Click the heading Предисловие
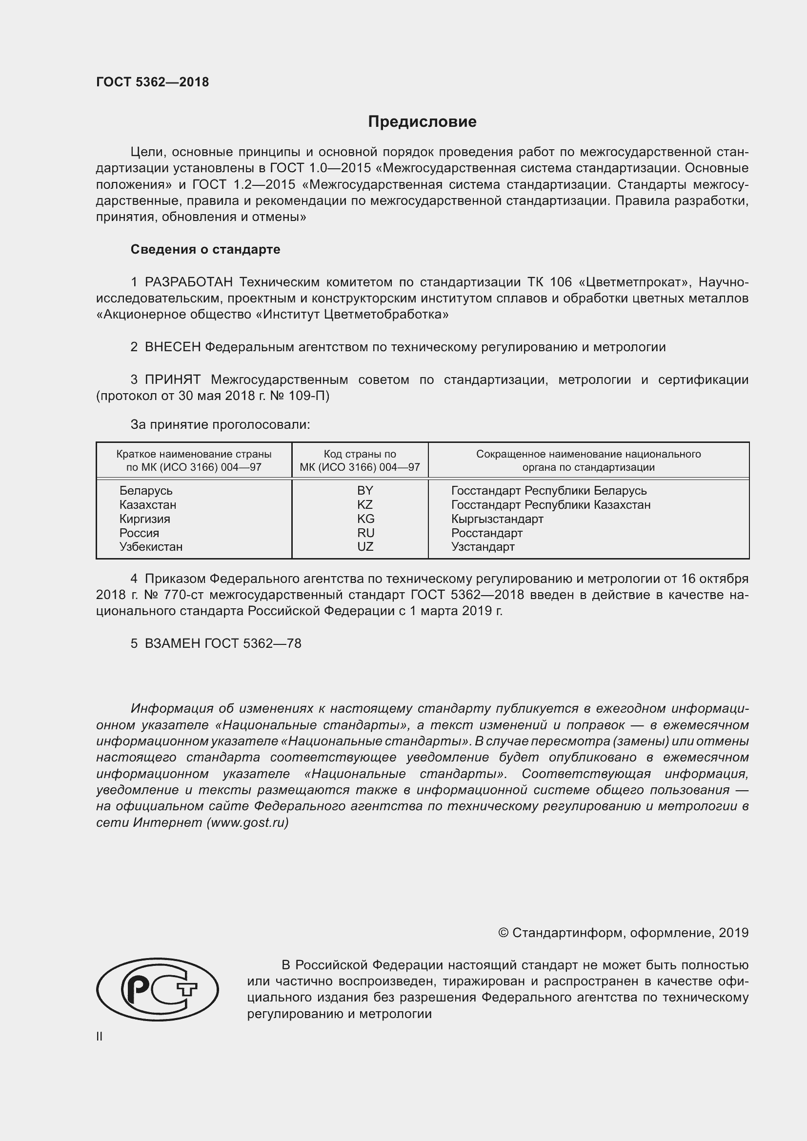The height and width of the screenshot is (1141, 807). [422, 122]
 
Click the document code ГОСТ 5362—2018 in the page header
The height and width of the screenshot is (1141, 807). [153, 82]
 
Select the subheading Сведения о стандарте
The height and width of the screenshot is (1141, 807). [205, 249]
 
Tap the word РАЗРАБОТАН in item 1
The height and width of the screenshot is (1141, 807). [189, 282]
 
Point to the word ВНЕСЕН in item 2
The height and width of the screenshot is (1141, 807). [172, 347]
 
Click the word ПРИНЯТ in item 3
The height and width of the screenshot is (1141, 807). [172, 380]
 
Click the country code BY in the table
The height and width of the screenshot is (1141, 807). [365, 490]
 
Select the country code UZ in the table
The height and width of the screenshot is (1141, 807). [365, 547]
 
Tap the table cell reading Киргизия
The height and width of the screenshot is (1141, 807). [144, 519]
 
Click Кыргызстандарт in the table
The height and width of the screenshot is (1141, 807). [497, 519]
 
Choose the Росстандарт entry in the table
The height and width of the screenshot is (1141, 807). [486, 533]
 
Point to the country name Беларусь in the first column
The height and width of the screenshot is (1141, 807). [145, 490]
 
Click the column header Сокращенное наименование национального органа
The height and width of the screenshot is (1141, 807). [588, 460]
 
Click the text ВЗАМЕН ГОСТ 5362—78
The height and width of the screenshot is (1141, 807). [222, 643]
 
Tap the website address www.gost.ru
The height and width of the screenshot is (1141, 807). [247, 822]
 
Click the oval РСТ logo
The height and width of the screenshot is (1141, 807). [158, 989]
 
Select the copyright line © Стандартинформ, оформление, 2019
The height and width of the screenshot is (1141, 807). [623, 933]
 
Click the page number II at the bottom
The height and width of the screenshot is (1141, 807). [100, 1036]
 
